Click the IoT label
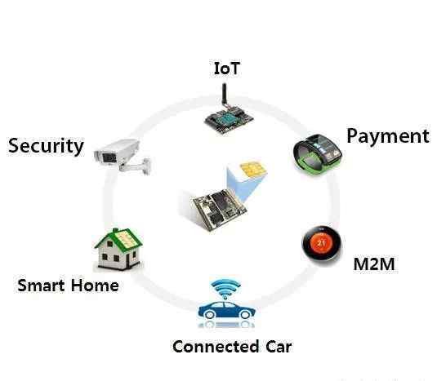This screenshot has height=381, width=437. tap(226, 69)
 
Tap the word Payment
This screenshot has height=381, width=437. tap(388, 136)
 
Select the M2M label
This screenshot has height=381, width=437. tap(374, 264)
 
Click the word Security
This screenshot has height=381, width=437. tap(46, 146)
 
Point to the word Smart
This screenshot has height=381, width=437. tap(42, 286)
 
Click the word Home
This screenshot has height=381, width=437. tap(95, 286)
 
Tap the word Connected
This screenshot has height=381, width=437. tap(216, 347)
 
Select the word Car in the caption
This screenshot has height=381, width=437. tap(279, 347)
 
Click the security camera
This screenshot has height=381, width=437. tap(123, 157)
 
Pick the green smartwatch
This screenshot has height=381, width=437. tap(318, 154)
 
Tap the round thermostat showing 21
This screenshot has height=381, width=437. tap(322, 243)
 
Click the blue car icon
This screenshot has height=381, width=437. tap(226, 310)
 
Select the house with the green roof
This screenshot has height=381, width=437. tap(118, 249)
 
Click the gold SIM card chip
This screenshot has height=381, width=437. tap(253, 168)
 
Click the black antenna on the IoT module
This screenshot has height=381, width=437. tap(224, 95)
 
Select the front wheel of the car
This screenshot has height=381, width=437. tap(209, 314)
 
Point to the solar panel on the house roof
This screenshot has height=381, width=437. tap(127, 240)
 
